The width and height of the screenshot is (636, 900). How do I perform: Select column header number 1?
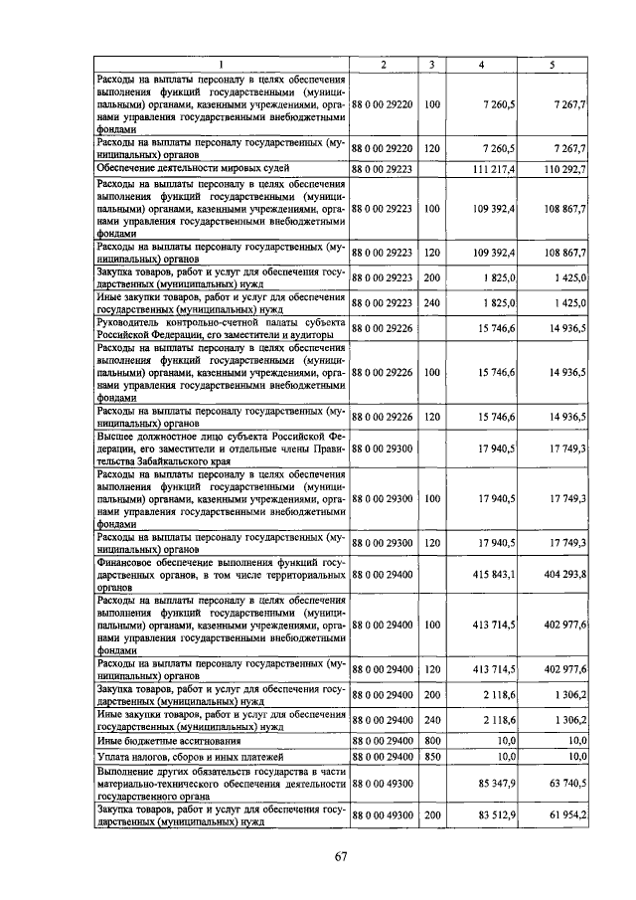coord(221,65)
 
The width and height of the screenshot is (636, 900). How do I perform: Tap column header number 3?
coord(431,65)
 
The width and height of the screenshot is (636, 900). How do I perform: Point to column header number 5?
coord(554,65)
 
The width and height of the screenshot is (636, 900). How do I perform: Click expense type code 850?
coord(431,757)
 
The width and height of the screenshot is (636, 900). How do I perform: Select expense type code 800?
coord(431,741)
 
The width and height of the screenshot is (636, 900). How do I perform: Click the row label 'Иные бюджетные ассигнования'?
coord(154,741)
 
